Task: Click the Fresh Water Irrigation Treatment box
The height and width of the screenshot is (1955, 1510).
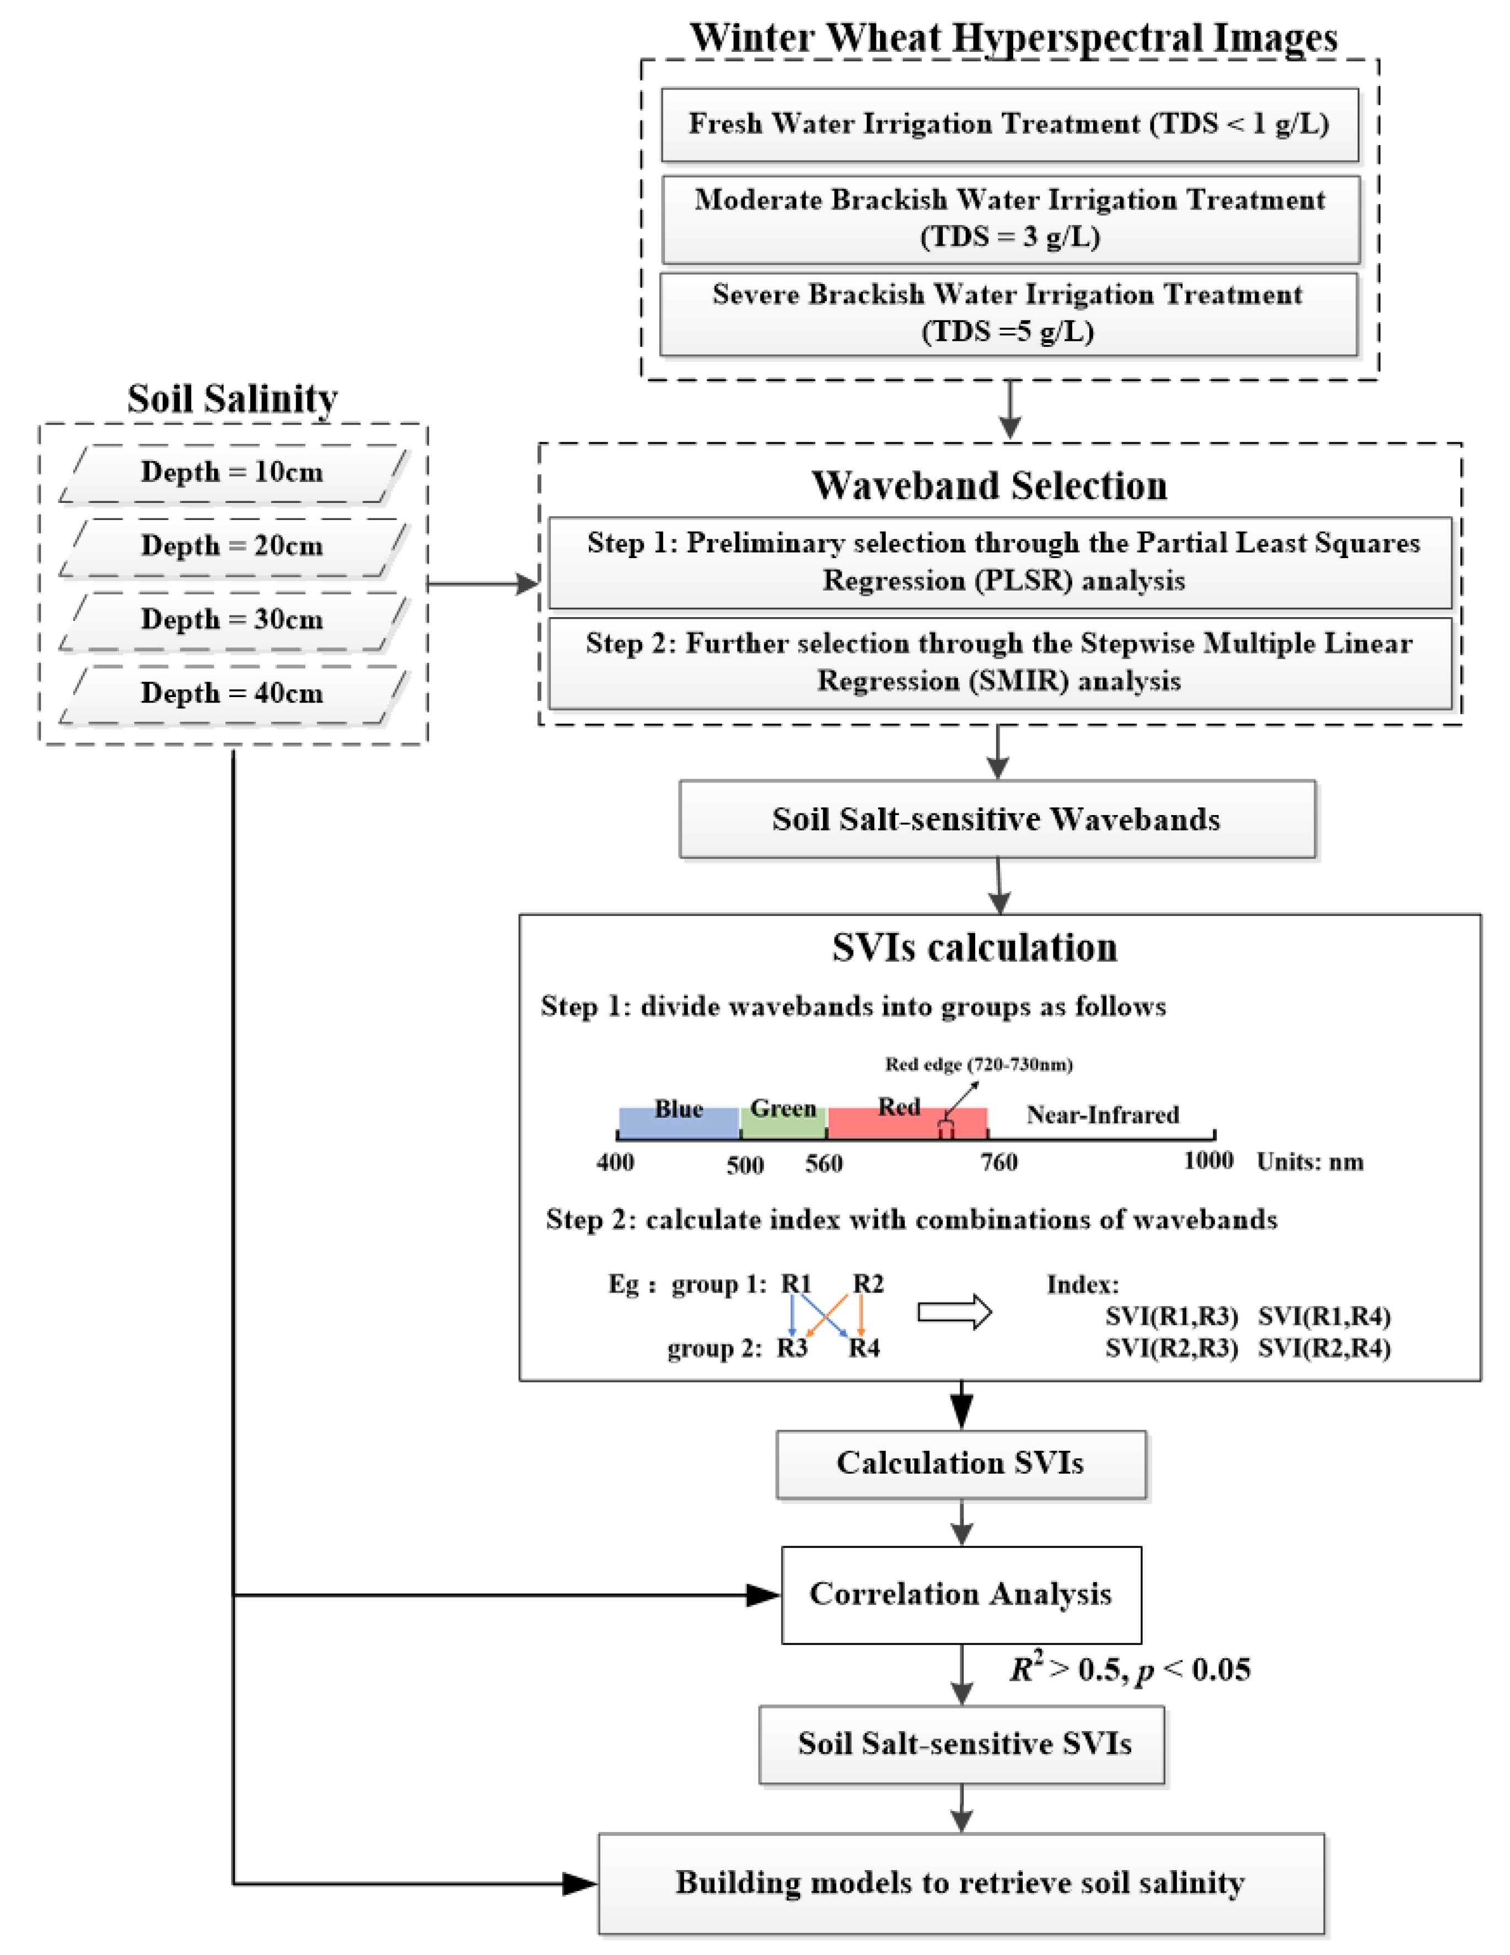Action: coord(1009,125)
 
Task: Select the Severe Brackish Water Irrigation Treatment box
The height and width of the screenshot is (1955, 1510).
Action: coord(1008,314)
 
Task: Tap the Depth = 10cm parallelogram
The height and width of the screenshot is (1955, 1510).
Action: coord(233,473)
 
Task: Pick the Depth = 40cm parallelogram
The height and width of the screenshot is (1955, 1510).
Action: coord(233,694)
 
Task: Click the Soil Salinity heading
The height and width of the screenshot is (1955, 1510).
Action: coord(233,398)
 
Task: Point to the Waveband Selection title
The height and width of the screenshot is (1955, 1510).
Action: coord(989,486)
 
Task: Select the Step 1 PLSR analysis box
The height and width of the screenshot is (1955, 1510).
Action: coord(1000,562)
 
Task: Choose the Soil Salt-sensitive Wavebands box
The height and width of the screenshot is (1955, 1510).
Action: coord(997,819)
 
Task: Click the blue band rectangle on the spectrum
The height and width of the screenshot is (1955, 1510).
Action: coord(679,1122)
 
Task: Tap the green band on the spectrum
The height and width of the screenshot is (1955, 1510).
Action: coord(783,1122)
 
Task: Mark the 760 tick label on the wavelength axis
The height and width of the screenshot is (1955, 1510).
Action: coord(999,1163)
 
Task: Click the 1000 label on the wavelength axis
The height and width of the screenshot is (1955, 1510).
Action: coord(1208,1161)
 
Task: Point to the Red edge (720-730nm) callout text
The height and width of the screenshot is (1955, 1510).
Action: coord(979,1064)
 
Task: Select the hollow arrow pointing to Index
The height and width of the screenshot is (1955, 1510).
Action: coord(955,1313)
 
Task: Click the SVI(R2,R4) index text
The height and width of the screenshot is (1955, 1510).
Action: coord(1324,1348)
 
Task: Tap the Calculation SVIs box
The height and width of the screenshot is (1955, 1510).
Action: coord(960,1463)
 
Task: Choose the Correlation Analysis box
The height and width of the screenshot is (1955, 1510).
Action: coord(960,1594)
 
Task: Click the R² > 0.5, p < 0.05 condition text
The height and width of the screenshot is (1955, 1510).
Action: coord(1130,1670)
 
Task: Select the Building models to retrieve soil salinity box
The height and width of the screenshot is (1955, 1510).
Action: coord(960,1883)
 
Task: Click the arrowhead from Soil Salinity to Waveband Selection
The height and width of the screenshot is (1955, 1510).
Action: coord(527,585)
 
